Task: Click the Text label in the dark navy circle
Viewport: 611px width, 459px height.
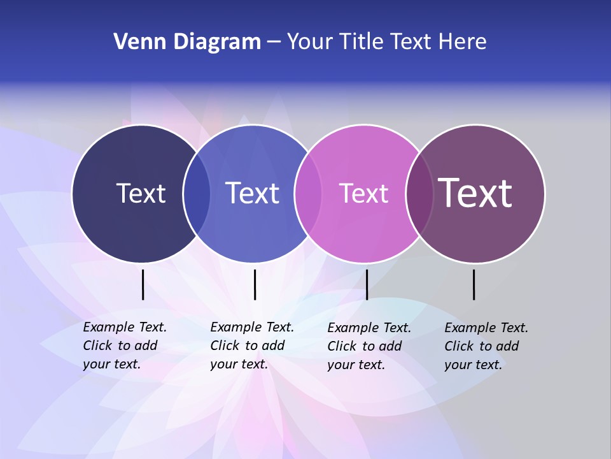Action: pyautogui.click(x=141, y=193)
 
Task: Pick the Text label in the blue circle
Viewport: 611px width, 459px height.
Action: pyautogui.click(x=252, y=193)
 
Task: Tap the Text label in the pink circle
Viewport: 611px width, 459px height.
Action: pyautogui.click(x=363, y=193)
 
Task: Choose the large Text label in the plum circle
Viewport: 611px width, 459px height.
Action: pyautogui.click(x=475, y=193)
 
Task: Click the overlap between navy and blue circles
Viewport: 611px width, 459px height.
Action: pyautogui.click(x=197, y=193)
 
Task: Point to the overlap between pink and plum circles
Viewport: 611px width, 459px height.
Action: pyautogui.click(x=419, y=193)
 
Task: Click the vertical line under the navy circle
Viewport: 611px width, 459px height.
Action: pyautogui.click(x=143, y=284)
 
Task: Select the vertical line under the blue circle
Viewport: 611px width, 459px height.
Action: pyautogui.click(x=255, y=284)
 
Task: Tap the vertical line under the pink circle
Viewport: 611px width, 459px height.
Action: pyautogui.click(x=367, y=284)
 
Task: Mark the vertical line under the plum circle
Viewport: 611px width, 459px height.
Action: pyautogui.click(x=474, y=284)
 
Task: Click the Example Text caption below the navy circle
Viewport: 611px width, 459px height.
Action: pyautogui.click(x=125, y=346)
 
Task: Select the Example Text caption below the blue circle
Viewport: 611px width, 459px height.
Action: pyautogui.click(x=252, y=346)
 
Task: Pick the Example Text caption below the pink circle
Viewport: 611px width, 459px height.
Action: pyautogui.click(x=369, y=346)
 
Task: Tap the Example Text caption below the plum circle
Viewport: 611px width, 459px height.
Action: pyautogui.click(x=486, y=346)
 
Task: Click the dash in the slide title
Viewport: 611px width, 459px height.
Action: pyautogui.click(x=274, y=43)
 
